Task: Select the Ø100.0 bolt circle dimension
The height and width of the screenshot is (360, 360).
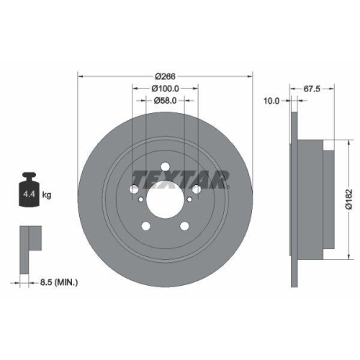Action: [x=166, y=89]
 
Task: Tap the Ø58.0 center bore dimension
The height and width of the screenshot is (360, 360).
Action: [x=166, y=102]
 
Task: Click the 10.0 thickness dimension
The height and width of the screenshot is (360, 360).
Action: [x=271, y=101]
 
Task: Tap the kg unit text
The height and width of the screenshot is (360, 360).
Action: [x=47, y=194]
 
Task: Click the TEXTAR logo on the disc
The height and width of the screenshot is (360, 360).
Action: [x=181, y=177]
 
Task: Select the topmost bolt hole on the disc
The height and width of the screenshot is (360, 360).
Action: [x=166, y=168]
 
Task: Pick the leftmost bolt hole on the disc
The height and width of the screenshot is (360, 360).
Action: [x=135, y=190]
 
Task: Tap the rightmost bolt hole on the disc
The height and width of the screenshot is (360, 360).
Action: [x=197, y=190]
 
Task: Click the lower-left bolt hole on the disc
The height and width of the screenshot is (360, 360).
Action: [x=147, y=226]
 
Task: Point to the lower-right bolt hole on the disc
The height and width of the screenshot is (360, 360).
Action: [x=185, y=226]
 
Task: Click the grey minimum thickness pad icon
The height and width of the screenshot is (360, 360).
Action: [x=29, y=238]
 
